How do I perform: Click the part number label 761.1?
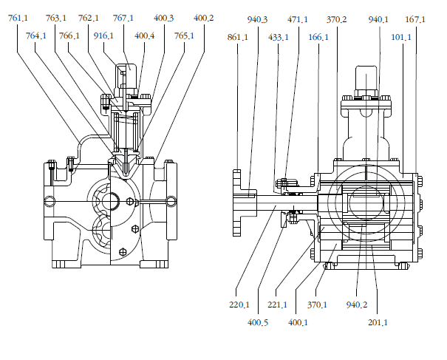click(x=18, y=18)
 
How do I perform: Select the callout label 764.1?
click(x=36, y=36)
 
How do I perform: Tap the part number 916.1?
click(x=103, y=36)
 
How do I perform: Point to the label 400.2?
click(x=203, y=18)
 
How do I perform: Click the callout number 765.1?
click(x=184, y=36)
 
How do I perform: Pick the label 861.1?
click(x=237, y=38)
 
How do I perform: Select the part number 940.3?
click(x=257, y=20)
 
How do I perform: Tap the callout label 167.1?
click(x=415, y=20)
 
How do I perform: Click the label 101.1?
click(x=401, y=38)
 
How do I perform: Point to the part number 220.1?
click(x=239, y=305)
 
